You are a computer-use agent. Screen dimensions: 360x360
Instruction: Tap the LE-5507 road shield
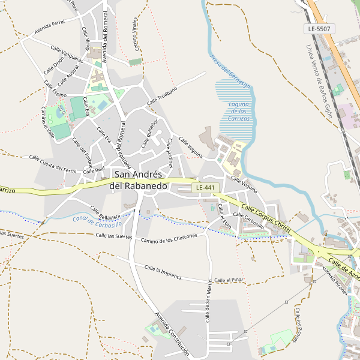point(319,29)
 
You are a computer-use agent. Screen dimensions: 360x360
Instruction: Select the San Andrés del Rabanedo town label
point(138,180)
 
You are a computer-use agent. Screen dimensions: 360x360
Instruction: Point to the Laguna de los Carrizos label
point(238,111)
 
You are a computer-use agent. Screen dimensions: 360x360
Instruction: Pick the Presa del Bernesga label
point(230,72)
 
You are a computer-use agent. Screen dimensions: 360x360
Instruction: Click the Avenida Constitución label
point(172,334)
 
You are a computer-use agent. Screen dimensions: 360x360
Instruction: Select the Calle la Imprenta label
point(172,275)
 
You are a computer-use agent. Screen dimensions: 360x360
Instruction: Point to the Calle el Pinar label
point(229,280)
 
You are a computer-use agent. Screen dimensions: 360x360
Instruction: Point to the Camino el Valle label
point(47,122)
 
